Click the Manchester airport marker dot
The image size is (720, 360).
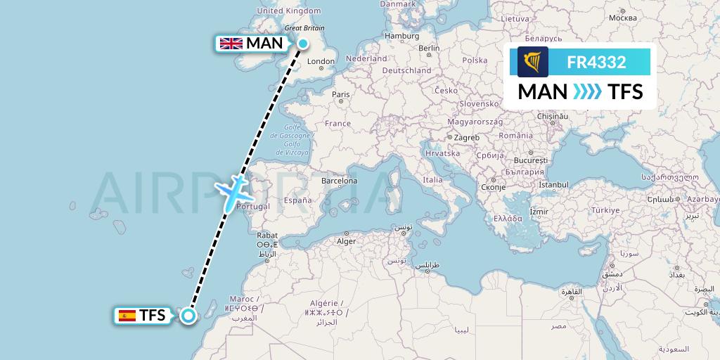coord(302,44)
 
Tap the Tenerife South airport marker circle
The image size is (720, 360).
coord(188,315)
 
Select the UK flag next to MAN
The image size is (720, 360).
coord(231,44)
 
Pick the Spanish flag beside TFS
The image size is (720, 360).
coord(128,316)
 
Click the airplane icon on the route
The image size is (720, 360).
coord(231,193)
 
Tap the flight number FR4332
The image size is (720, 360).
coord(596,63)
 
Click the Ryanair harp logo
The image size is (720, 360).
coord(533,62)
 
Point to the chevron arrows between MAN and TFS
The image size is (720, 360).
coord(587,91)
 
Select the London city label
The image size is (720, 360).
coord(321,62)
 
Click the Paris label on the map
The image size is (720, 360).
coord(341,94)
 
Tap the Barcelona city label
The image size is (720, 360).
coord(340,180)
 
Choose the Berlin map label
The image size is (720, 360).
coord(428,49)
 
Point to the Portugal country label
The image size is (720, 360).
coord(254,206)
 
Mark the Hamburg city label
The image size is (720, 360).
coord(402,36)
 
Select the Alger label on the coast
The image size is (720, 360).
coord(347,241)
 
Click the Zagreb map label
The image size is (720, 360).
coord(466,137)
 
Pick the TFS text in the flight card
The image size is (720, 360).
coord(625,91)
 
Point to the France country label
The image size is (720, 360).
coord(337,124)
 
